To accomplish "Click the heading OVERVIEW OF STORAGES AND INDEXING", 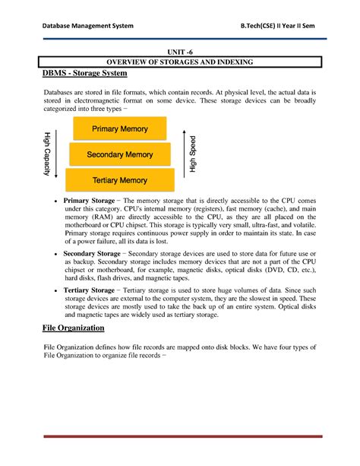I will pos(180,62).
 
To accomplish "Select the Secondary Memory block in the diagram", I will pos(120,155).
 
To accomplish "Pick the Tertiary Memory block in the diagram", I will pos(120,180).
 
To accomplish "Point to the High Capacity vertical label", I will pos(47,154).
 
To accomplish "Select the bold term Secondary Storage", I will pos(91,252).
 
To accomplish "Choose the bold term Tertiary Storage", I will pos(89,290).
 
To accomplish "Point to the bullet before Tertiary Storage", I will pos(55,290).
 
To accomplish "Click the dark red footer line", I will pos(180,436).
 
